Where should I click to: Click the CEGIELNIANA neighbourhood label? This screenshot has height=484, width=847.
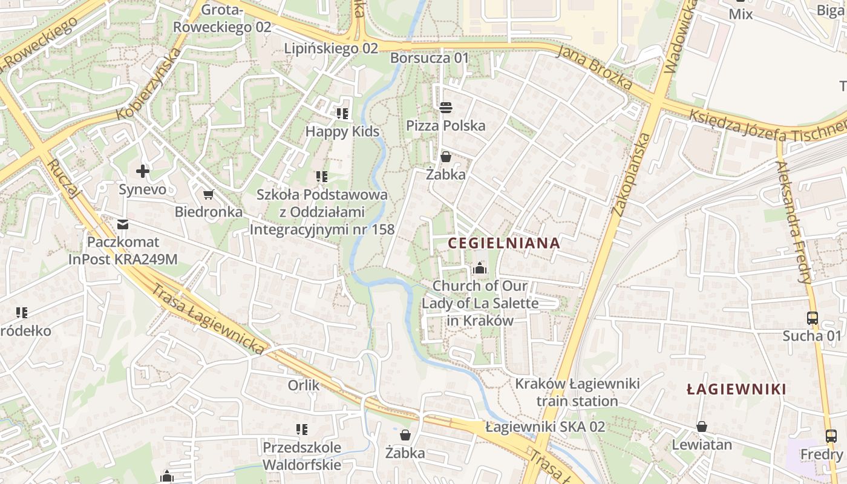504,243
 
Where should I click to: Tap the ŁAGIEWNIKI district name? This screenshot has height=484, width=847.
736,389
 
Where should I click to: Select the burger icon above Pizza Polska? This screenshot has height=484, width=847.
446,108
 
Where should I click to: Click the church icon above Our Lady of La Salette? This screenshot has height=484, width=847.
480,267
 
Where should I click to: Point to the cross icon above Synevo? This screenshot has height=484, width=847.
143,171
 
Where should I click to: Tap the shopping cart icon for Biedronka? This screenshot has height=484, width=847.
209,194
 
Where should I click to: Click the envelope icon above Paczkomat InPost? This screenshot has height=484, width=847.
123,224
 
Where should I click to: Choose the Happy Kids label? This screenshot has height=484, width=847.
342,131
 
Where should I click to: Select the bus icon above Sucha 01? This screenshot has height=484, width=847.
812,318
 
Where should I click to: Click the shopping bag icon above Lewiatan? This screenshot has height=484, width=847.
702,427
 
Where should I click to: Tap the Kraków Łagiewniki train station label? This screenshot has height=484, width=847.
577,392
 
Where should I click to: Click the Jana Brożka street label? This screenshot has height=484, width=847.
595,67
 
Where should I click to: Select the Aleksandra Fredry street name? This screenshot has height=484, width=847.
794,222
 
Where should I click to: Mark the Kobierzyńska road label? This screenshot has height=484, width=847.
149,83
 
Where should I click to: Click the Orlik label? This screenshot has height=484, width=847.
304,385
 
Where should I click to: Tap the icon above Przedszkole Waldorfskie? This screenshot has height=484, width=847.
302,430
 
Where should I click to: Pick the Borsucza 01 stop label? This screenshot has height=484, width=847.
430,58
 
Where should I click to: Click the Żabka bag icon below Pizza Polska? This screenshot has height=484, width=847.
446,157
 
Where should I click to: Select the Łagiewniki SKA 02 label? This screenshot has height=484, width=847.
545,427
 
